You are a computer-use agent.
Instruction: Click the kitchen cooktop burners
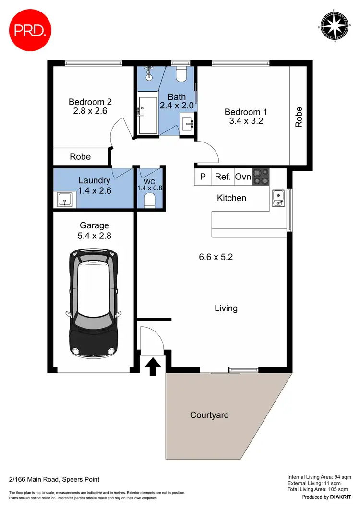click(261, 177)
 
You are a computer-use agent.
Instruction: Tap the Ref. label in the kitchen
click(223, 177)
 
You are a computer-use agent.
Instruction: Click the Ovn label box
click(243, 177)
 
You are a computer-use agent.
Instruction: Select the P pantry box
click(203, 177)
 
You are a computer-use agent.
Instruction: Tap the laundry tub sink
click(64, 199)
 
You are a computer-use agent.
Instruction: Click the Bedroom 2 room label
click(90, 102)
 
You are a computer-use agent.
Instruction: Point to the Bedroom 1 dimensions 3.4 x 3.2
click(246, 121)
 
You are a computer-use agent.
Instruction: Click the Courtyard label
click(209, 415)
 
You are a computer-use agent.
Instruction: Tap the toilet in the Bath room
click(181, 74)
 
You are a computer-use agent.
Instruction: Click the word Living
click(226, 308)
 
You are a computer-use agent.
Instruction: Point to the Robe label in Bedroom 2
click(80, 156)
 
